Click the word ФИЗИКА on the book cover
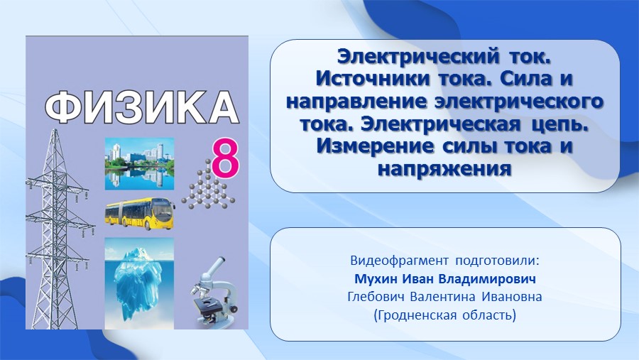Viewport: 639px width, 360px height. point(141,108)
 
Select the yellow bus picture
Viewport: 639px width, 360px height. point(140,214)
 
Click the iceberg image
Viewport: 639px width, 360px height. point(139,283)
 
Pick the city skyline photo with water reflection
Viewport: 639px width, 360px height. point(139,164)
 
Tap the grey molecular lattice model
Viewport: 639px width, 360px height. point(208,185)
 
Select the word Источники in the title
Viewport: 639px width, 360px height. point(373,79)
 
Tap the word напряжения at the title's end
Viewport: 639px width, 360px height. point(444,169)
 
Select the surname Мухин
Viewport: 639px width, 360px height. point(376,279)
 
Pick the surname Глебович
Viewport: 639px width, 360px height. point(376,297)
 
